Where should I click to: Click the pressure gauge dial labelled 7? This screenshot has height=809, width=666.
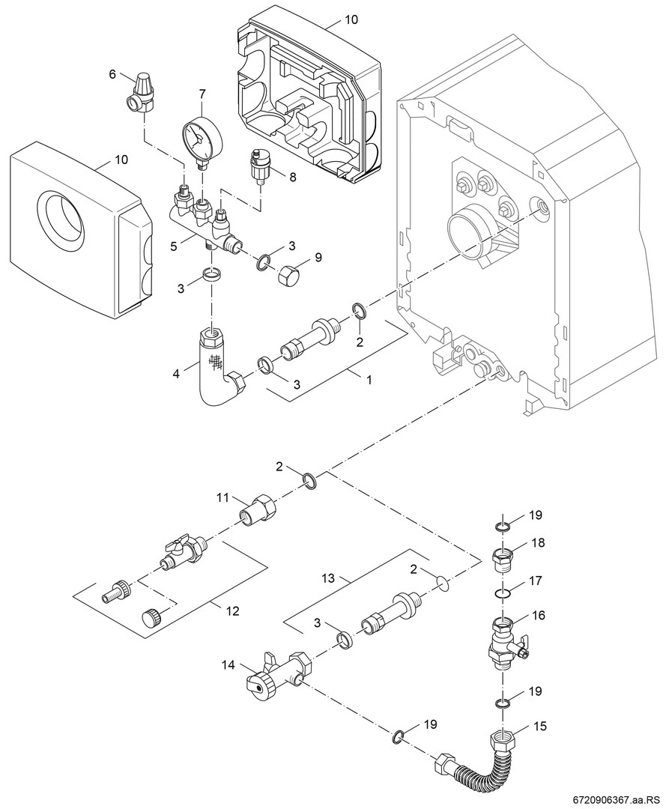pyautogui.click(x=198, y=136)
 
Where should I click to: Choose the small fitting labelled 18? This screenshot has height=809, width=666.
pyautogui.click(x=504, y=559)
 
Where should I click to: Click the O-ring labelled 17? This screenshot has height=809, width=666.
pyautogui.click(x=504, y=594)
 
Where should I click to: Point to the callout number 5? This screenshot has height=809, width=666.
pyautogui.click(x=174, y=244)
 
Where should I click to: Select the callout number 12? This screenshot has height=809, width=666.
pyautogui.click(x=232, y=610)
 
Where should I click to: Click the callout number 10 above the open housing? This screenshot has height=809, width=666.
pyautogui.click(x=351, y=19)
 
